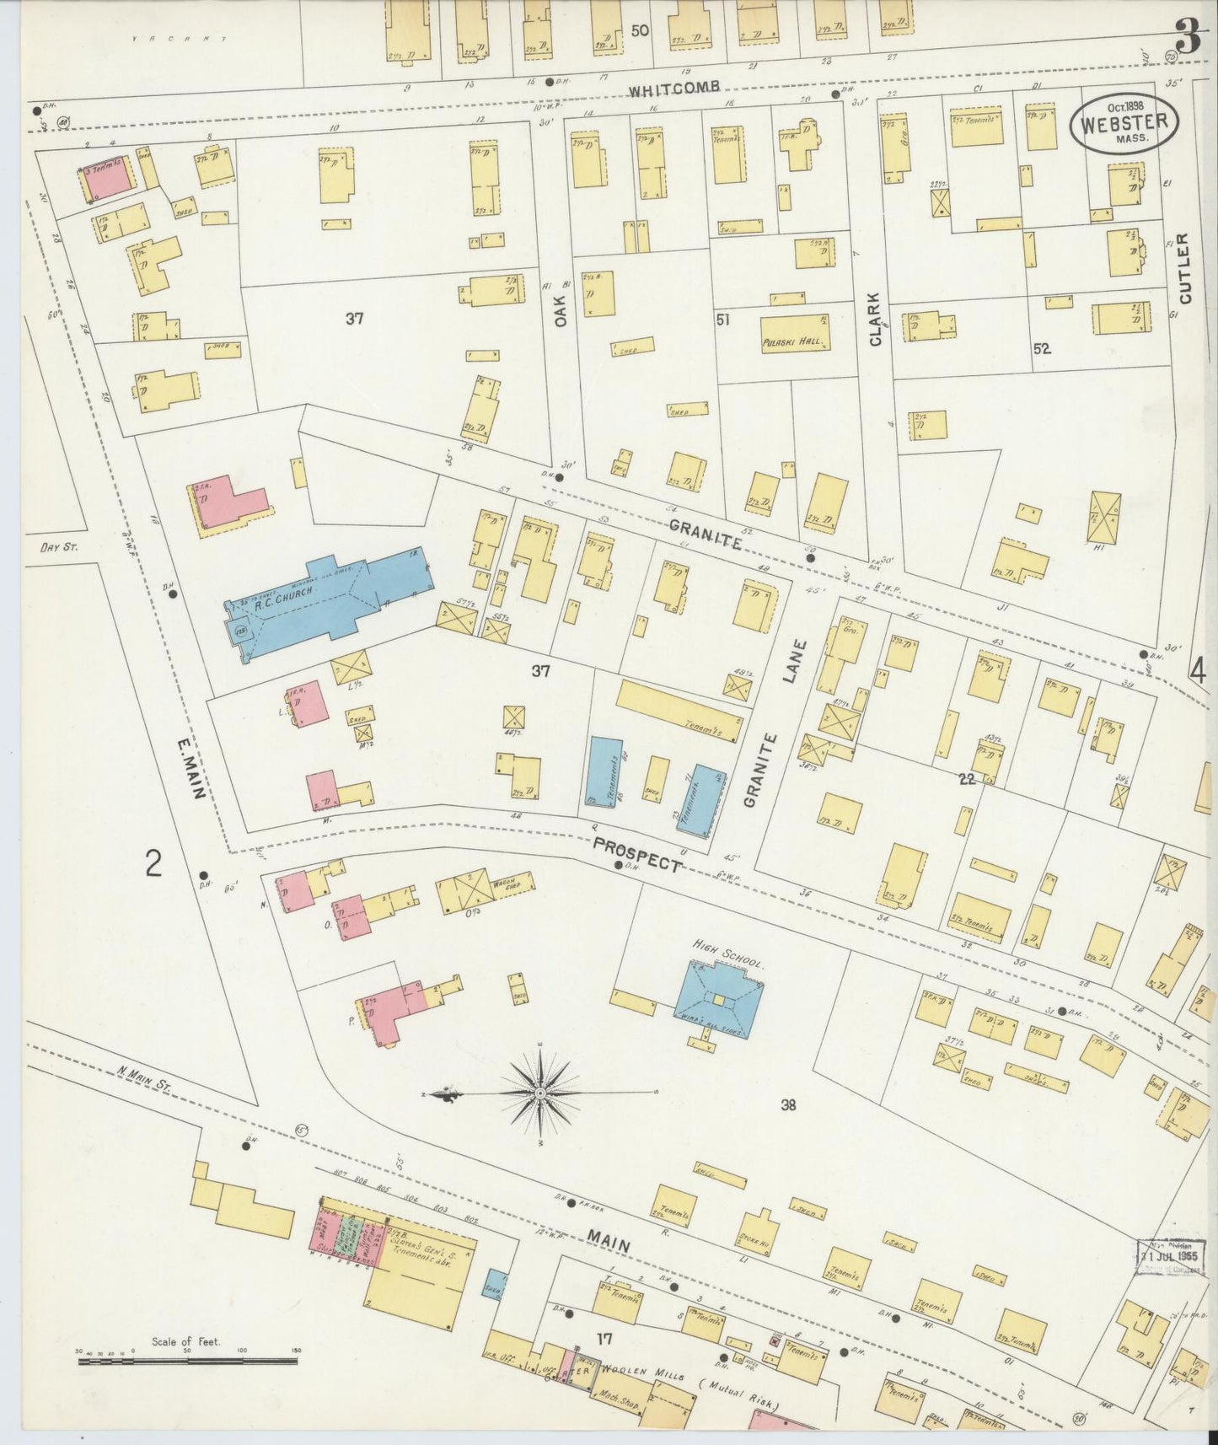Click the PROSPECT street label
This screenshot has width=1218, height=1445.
[x=636, y=854]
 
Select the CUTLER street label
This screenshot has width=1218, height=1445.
[x=1185, y=268]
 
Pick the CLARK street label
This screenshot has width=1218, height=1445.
[x=874, y=319]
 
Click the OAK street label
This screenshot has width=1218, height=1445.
[x=561, y=309]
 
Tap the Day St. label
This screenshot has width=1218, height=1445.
[x=59, y=547]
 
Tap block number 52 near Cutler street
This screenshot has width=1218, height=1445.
[x=1042, y=347]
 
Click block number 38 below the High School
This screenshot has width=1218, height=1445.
[x=788, y=1104]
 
